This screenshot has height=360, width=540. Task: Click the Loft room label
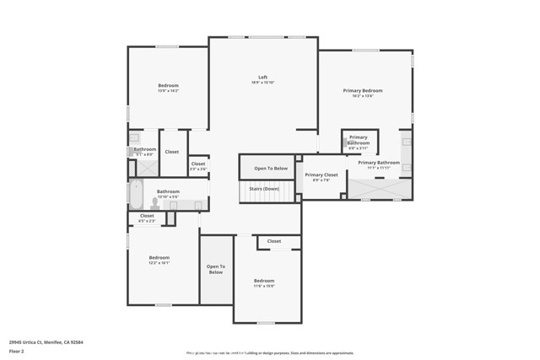tap(262, 77)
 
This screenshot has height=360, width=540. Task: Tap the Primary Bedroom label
tap(362, 90)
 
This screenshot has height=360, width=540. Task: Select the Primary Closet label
tap(321, 175)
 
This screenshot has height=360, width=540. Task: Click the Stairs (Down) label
tap(264, 189)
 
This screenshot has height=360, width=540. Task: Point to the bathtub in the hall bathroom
tap(136, 196)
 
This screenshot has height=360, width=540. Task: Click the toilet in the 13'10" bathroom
tap(156, 203)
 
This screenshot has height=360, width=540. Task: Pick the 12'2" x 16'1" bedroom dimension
tap(159, 262)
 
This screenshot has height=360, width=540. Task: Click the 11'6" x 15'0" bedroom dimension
tap(264, 286)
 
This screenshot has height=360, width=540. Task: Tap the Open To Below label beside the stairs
tap(271, 169)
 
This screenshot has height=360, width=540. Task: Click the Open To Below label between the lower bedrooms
tap(215, 270)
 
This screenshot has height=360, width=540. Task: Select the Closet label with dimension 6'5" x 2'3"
tap(147, 221)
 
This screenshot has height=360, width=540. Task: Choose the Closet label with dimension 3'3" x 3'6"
tap(198, 169)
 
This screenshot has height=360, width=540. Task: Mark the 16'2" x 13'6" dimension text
tap(362, 96)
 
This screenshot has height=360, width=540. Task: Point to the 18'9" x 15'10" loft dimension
tap(262, 83)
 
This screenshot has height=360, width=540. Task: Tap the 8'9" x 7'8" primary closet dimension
tap(321, 180)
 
